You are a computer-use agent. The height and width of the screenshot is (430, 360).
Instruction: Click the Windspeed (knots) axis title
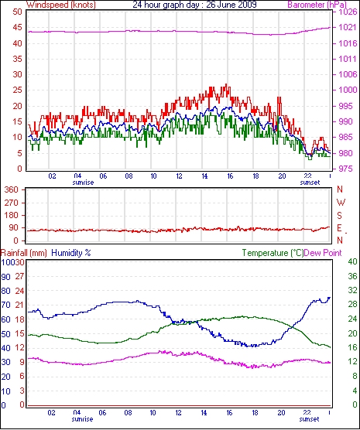(61, 5)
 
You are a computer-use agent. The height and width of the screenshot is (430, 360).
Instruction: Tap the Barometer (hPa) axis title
(317, 5)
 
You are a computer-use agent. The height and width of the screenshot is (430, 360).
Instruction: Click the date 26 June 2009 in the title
(231, 5)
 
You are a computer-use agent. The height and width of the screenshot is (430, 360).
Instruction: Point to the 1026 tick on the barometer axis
(349, 12)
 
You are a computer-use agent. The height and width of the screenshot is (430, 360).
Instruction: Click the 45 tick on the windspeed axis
(17, 28)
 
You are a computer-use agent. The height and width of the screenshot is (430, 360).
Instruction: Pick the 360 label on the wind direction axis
(12, 189)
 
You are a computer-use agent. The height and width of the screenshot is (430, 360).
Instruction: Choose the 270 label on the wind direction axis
(12, 203)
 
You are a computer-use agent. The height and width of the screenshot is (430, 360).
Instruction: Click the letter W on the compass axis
(341, 203)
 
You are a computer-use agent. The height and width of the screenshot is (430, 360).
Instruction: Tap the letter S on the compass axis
(340, 216)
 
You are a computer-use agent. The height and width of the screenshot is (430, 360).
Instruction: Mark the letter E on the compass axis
(340, 228)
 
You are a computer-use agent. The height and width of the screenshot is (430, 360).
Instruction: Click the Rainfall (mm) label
(24, 253)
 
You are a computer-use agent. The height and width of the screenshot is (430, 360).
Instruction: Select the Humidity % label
(71, 253)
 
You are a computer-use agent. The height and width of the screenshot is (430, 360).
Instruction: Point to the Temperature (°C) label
(273, 253)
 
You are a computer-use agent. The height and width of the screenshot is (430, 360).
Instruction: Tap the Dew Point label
(323, 253)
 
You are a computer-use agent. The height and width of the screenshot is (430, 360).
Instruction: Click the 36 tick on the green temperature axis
(352, 276)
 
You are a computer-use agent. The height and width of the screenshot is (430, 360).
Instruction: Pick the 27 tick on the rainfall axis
(19, 276)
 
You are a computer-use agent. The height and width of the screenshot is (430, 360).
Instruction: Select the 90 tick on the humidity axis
(5, 277)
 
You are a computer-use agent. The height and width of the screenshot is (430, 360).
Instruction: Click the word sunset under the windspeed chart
(310, 183)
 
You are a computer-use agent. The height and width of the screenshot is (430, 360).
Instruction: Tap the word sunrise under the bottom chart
(82, 419)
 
